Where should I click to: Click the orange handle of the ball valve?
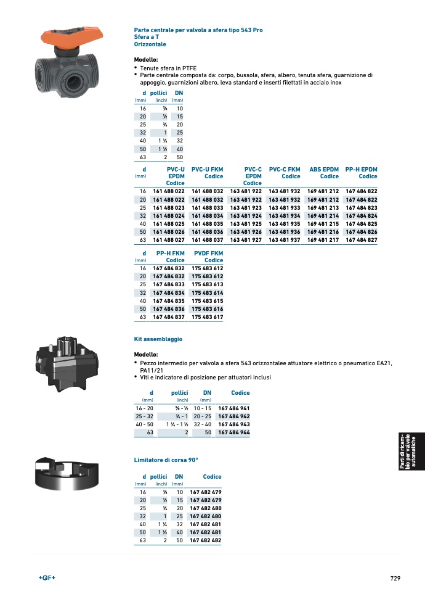71,36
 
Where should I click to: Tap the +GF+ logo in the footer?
47,577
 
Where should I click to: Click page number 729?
395,578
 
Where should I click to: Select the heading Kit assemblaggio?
158,339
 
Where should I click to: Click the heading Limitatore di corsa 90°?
166,460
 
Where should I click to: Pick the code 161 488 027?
169,240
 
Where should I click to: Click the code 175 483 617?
207,316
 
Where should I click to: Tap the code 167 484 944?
234,432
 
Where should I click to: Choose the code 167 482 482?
206,540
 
